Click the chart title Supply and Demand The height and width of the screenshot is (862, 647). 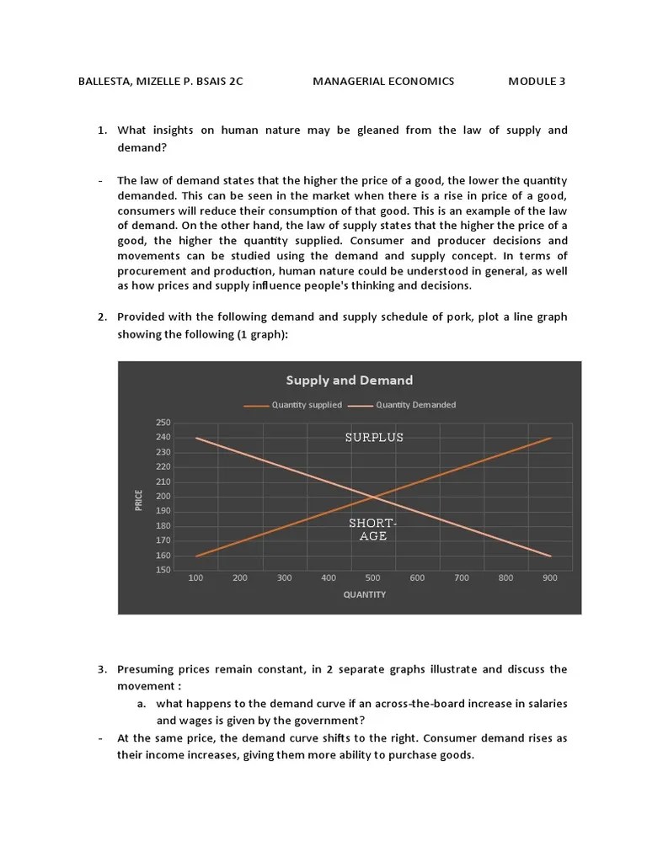click(x=349, y=380)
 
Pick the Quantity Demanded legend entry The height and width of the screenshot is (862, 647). click(x=415, y=405)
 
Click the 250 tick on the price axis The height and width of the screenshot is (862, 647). click(x=163, y=423)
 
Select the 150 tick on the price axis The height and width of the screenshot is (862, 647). click(x=163, y=571)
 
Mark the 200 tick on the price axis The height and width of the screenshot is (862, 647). click(x=163, y=497)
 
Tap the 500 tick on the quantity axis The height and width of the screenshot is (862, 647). click(x=372, y=578)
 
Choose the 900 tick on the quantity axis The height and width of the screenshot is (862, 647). click(x=550, y=578)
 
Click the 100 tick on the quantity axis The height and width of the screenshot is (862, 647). click(x=195, y=578)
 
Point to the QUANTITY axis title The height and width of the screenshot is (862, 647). click(x=365, y=594)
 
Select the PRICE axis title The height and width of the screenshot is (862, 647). click(x=138, y=499)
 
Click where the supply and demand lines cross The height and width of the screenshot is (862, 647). click(x=373, y=497)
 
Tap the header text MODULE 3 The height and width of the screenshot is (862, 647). click(x=537, y=82)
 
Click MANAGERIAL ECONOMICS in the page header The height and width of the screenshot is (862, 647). click(x=383, y=82)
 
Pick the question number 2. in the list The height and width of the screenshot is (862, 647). click(x=102, y=317)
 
